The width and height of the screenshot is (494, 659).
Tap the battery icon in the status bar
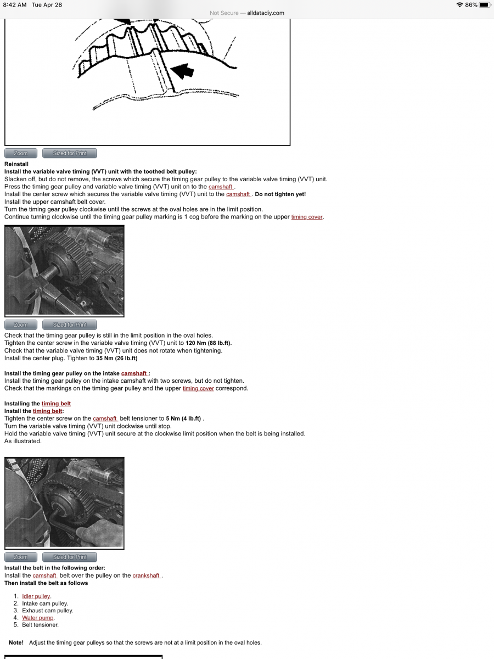tap(484, 5)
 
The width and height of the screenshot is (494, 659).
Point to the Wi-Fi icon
tap(459, 5)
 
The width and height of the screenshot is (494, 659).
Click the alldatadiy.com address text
tap(266, 13)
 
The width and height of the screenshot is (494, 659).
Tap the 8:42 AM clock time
tap(15, 5)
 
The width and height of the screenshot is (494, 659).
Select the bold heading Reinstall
tap(16, 164)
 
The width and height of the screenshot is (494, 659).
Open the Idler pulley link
tap(36, 596)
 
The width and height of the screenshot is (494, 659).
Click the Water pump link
tap(37, 618)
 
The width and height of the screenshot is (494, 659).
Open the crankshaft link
tap(147, 576)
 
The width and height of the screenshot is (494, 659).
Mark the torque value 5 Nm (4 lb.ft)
tap(183, 418)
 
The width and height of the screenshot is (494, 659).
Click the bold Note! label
tap(16, 643)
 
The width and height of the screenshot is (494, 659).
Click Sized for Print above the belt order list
tap(70, 557)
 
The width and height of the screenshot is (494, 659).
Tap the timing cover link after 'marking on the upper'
tap(307, 217)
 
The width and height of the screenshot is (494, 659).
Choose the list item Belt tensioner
tap(40, 625)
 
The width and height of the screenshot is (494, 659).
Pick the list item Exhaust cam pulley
tap(47, 611)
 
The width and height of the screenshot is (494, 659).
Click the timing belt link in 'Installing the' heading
tap(56, 404)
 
